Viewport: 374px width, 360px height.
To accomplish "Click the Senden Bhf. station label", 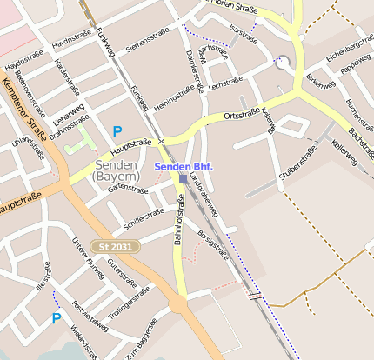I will [x=183, y=165].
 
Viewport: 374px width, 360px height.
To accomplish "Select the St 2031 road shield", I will [x=115, y=247].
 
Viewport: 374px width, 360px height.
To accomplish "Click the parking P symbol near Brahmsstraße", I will [x=117, y=131].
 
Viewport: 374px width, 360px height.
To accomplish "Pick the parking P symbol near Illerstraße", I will [x=57, y=318].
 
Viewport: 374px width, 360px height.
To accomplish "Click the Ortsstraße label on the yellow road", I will [x=241, y=115].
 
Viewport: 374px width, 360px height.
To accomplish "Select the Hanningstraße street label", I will [x=174, y=100].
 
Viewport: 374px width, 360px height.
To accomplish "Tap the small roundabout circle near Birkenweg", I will [x=283, y=63].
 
